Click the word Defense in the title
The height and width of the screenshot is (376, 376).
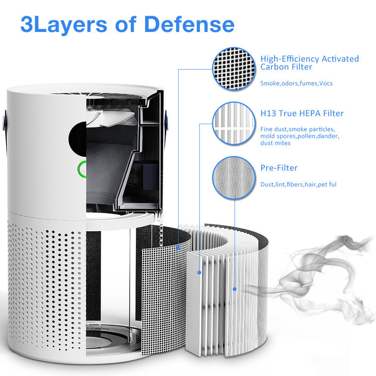pyautogui.click(x=189, y=24)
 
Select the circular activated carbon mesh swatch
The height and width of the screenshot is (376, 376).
pyautogui.click(x=234, y=69)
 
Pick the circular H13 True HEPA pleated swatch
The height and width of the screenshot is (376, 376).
pyautogui.click(x=234, y=123)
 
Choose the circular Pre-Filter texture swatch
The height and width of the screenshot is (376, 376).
pyautogui.click(x=234, y=178)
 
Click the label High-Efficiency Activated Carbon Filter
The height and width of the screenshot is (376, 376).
pyautogui.click(x=310, y=63)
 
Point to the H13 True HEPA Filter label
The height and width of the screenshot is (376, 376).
pyautogui.click(x=302, y=113)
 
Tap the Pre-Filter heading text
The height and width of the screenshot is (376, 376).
pyautogui.click(x=279, y=168)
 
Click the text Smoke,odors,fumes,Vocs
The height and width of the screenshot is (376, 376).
pyautogui.click(x=297, y=83)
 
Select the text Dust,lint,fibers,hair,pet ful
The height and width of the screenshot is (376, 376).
pyautogui.click(x=298, y=184)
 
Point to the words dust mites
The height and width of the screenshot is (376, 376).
pyautogui.click(x=275, y=143)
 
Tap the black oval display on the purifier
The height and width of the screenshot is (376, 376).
pyautogui.click(x=78, y=139)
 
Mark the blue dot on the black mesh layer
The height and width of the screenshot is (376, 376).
pyautogui.click(x=178, y=248)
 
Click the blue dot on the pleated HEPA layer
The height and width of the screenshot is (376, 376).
pyautogui.click(x=199, y=273)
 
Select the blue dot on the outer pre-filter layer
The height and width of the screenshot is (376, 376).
pyautogui.click(x=235, y=290)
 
